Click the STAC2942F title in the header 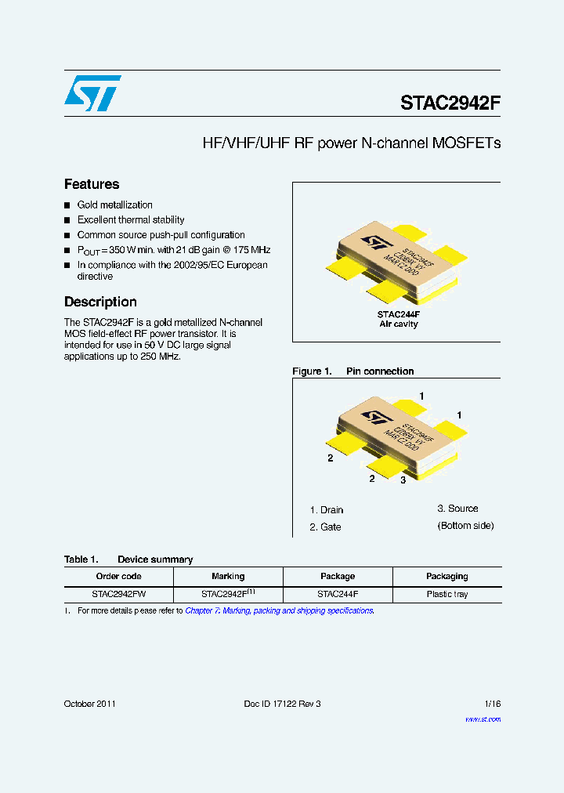(x=450, y=103)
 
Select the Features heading (x=92, y=184)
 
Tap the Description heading (x=100, y=302)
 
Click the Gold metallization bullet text (x=114, y=205)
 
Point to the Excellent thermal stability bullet (x=131, y=219)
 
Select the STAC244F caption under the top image (x=399, y=313)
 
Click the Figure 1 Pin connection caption (x=352, y=371)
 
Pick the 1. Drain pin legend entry (x=327, y=510)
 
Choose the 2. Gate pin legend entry (x=326, y=527)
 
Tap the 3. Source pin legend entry (x=457, y=509)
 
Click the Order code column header (x=118, y=576)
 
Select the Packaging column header (x=446, y=576)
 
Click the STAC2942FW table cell (x=118, y=594)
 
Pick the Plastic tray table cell (x=446, y=594)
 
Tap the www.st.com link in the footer (x=483, y=719)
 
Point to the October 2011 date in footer (x=90, y=704)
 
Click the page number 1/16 (x=491, y=704)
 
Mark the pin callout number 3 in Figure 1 (x=403, y=480)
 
